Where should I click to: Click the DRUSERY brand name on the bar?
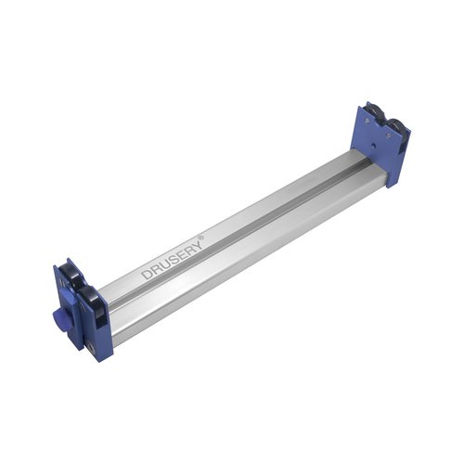[173, 259]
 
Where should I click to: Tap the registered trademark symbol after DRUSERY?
[201, 238]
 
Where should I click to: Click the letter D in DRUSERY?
[147, 275]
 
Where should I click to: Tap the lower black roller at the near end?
[90, 303]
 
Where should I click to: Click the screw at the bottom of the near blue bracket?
[91, 346]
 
